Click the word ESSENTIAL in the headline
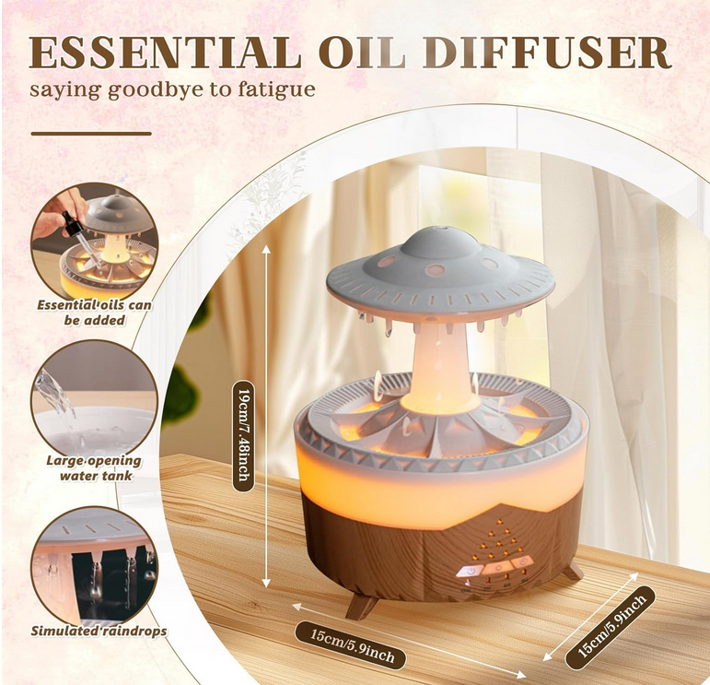coord(165,53)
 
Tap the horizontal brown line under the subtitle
coord(91,134)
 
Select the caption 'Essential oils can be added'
coord(94,313)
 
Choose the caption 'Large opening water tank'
coord(95,468)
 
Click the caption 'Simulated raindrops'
coord(99,631)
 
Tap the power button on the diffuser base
coord(471,572)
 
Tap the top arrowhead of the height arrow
coord(266,250)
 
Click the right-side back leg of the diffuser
coord(573,570)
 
